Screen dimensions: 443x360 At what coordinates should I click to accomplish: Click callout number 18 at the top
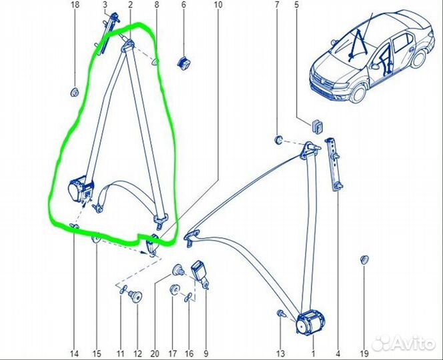pyautogui.click(x=75, y=5)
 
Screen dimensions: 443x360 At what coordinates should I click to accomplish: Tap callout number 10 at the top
pyautogui.click(x=218, y=5)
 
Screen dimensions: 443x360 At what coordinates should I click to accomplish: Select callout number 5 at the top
pyautogui.click(x=296, y=5)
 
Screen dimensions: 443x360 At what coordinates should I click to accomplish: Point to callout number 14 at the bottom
pyautogui.click(x=74, y=353)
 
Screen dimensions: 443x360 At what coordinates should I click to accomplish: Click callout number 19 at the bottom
pyautogui.click(x=364, y=353)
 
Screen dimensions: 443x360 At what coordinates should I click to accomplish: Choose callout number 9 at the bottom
pyautogui.click(x=205, y=353)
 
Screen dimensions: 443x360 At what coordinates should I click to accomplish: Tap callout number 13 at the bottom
pyautogui.click(x=280, y=353)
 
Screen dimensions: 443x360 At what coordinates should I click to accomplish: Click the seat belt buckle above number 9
pyautogui.click(x=199, y=273)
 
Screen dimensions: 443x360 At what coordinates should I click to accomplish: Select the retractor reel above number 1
pyautogui.click(x=310, y=323)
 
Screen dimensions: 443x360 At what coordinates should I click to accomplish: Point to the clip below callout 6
pyautogui.click(x=183, y=63)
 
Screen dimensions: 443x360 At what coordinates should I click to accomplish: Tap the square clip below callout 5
pyautogui.click(x=318, y=126)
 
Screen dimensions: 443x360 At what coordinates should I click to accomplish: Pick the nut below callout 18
pyautogui.click(x=74, y=92)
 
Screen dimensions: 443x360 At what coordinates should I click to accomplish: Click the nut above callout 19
pyautogui.click(x=364, y=259)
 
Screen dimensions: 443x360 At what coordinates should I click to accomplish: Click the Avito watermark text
pyautogui.click(x=404, y=343)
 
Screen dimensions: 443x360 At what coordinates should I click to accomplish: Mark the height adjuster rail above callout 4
pyautogui.click(x=334, y=164)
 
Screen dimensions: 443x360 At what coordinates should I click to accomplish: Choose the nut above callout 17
pyautogui.click(x=174, y=289)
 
